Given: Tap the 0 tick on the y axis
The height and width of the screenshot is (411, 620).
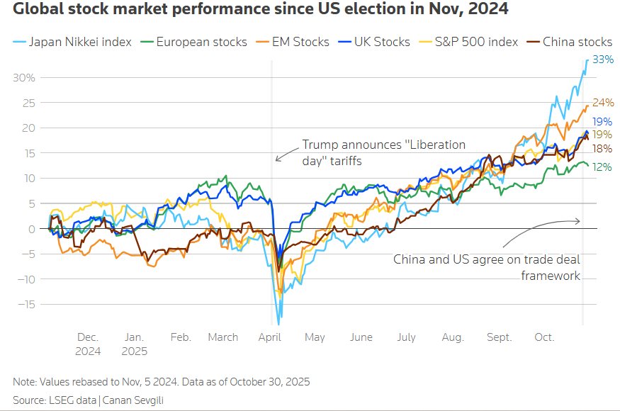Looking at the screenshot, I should tap(32, 229).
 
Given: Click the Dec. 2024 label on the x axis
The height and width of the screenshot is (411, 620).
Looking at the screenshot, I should tap(89, 344).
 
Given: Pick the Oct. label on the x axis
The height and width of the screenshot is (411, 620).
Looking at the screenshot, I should tap(543, 337).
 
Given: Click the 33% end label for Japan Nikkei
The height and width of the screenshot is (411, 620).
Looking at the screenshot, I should tap(602, 60).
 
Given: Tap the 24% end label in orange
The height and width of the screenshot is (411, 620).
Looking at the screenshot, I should tap(602, 103).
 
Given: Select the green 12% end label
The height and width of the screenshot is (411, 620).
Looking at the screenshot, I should tap(602, 167).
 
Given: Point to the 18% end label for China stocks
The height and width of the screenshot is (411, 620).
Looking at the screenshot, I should tap(602, 149).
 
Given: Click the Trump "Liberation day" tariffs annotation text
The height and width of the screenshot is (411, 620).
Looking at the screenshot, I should tap(383, 152).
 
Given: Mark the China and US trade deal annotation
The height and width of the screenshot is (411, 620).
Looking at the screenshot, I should tap(487, 267).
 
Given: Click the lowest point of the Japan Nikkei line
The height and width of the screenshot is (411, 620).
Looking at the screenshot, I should tap(279, 323).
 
